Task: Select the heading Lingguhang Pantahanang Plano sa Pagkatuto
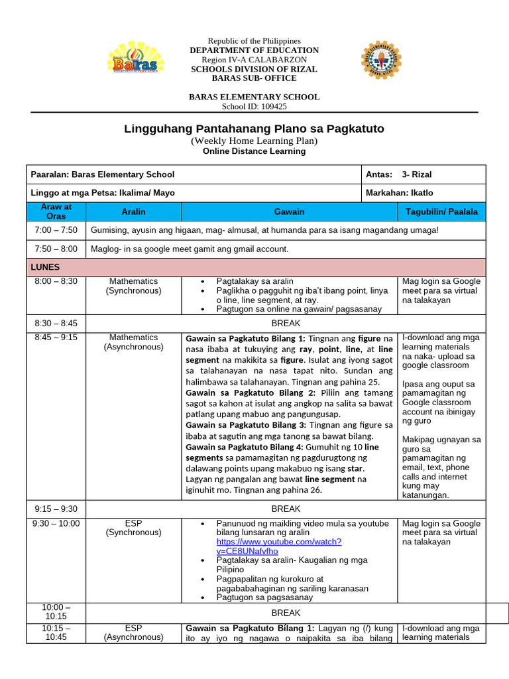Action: click(x=254, y=129)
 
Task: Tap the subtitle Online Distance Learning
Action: click(x=254, y=151)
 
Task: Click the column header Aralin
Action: click(x=133, y=212)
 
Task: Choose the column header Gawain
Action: click(x=289, y=212)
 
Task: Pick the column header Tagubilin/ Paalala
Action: click(x=441, y=212)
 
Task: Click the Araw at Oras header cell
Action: click(x=56, y=212)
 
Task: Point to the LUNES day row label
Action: click(x=46, y=267)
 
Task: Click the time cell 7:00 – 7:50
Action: click(x=56, y=230)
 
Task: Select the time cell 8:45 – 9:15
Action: click(x=56, y=338)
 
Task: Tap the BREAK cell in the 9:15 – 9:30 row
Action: click(x=286, y=509)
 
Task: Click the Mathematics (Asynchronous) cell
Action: click(x=133, y=342)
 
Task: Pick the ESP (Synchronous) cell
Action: click(x=133, y=528)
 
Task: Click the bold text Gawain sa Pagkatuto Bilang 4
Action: click(x=241, y=448)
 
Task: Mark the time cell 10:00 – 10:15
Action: click(x=56, y=611)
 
